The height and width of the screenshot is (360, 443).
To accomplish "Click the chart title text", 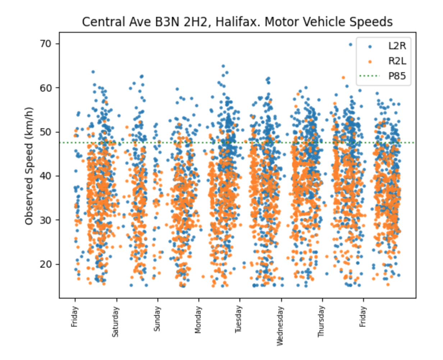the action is [237, 22].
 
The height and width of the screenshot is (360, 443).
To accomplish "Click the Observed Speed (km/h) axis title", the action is [29, 166].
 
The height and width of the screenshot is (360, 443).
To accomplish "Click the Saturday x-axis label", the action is [115, 322].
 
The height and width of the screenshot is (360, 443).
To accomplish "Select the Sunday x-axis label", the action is [157, 319].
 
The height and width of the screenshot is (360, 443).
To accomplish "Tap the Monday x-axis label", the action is [198, 319].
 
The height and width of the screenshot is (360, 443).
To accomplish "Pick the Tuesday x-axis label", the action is [239, 319].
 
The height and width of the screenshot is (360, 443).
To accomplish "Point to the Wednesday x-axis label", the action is [280, 326].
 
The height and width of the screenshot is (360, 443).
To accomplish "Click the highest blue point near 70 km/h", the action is [351, 45].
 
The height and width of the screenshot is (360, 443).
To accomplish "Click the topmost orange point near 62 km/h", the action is [343, 78].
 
